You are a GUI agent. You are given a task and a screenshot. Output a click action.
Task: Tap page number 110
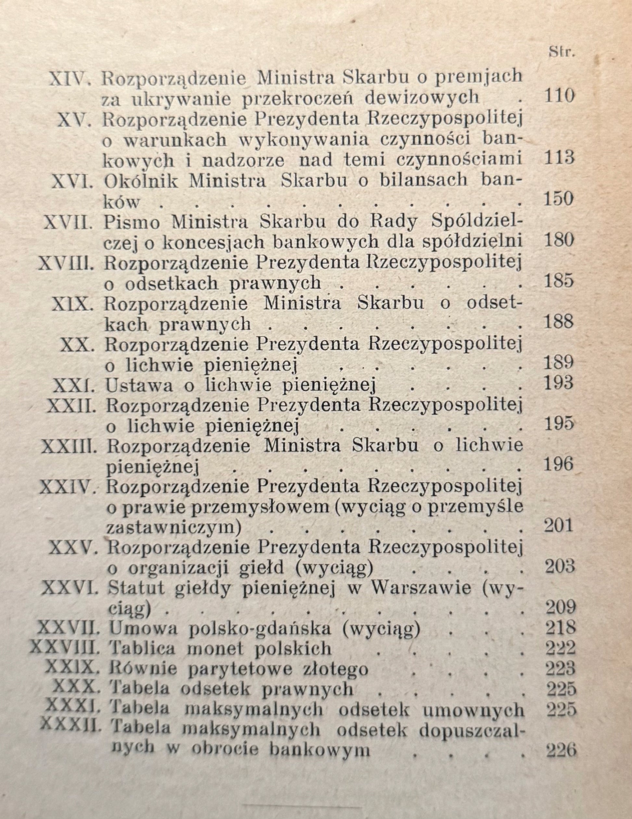[x=559, y=97]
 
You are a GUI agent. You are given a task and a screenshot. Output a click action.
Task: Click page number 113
[x=559, y=159]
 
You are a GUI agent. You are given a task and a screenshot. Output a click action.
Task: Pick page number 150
[x=559, y=199]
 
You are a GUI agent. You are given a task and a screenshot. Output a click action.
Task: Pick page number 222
[x=561, y=648]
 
